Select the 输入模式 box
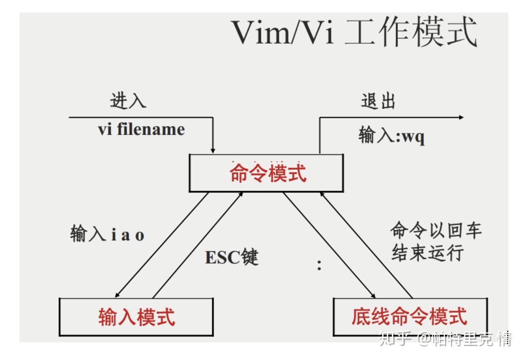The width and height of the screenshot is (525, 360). tap(136, 316)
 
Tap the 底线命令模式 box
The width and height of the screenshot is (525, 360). tap(410, 316)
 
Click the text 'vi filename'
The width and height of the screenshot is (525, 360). tap(141, 129)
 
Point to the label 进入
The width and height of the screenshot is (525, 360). tap(128, 100)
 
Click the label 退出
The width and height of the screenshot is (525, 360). tap(378, 101)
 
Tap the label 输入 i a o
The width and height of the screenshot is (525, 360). tap(107, 234)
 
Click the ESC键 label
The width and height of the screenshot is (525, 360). tap(231, 257)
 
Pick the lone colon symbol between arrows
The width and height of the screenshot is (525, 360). tap(319, 265)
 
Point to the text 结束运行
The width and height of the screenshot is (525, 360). tap(427, 253)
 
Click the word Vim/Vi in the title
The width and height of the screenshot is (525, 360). tap(283, 32)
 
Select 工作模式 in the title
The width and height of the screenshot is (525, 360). tap(411, 32)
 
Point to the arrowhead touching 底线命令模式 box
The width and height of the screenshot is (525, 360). tap(373, 295)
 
